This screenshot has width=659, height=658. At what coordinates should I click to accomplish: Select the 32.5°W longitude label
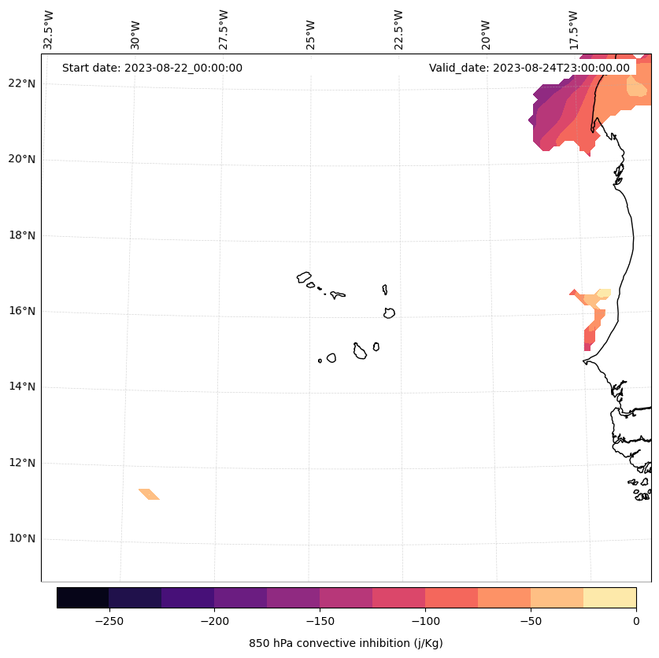(49, 29)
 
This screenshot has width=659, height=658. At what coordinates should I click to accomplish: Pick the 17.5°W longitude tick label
(573, 29)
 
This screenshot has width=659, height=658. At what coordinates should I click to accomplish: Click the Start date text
(152, 68)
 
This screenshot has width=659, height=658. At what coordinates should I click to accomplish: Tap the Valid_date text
(529, 68)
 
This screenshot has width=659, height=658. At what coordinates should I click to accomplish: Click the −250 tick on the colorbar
(109, 620)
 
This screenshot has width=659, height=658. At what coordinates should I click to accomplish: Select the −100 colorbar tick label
(425, 620)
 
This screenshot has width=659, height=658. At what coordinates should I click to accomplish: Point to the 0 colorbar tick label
(636, 620)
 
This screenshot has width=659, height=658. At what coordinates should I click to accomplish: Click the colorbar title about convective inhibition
(346, 643)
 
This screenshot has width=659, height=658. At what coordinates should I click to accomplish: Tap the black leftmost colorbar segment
(83, 597)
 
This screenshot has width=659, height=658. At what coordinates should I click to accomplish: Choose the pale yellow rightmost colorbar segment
(609, 597)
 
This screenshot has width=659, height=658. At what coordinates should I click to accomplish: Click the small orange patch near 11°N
(149, 494)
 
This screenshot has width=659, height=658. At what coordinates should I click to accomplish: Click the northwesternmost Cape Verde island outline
(304, 277)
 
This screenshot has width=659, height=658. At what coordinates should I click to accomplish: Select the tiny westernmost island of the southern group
(320, 360)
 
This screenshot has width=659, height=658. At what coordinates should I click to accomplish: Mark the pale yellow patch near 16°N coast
(603, 294)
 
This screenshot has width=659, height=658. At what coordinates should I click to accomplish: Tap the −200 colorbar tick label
(214, 620)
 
